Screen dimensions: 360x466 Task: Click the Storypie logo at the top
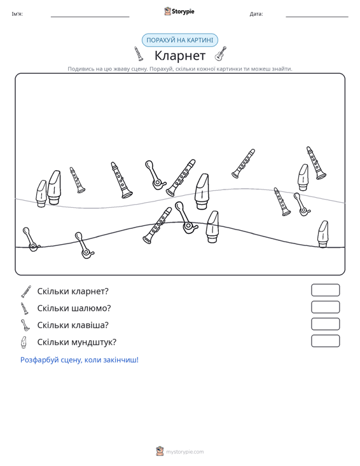pyautogui.click(x=179, y=11)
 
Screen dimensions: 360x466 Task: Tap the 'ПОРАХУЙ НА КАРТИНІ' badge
pyautogui.click(x=180, y=40)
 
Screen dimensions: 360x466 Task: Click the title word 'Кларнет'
pyautogui.click(x=180, y=55)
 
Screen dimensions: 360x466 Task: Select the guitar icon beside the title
pyautogui.click(x=220, y=54)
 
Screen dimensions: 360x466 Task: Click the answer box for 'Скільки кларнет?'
pyautogui.click(x=325, y=290)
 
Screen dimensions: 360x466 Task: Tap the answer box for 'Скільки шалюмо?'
pyautogui.click(x=325, y=307)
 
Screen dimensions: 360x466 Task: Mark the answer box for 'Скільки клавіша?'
pyautogui.click(x=325, y=324)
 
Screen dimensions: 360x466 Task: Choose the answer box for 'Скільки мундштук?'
pyautogui.click(x=325, y=341)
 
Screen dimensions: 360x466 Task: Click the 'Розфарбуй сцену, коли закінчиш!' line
pyautogui.click(x=80, y=360)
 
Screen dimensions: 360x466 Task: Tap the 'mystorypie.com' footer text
pyautogui.click(x=184, y=452)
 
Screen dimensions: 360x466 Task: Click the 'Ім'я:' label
pyautogui.click(x=17, y=14)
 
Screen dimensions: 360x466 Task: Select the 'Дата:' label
pyautogui.click(x=256, y=14)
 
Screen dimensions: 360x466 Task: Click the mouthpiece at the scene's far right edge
pyautogui.click(x=323, y=234)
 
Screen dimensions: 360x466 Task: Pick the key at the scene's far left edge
pyautogui.click(x=31, y=239)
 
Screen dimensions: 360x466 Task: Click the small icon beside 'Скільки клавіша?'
pyautogui.click(x=25, y=325)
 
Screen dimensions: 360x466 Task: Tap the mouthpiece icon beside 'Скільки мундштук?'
pyautogui.click(x=24, y=342)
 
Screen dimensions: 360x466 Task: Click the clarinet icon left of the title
pyautogui.click(x=138, y=54)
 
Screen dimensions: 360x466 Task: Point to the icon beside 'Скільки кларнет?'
pyautogui.click(x=26, y=291)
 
